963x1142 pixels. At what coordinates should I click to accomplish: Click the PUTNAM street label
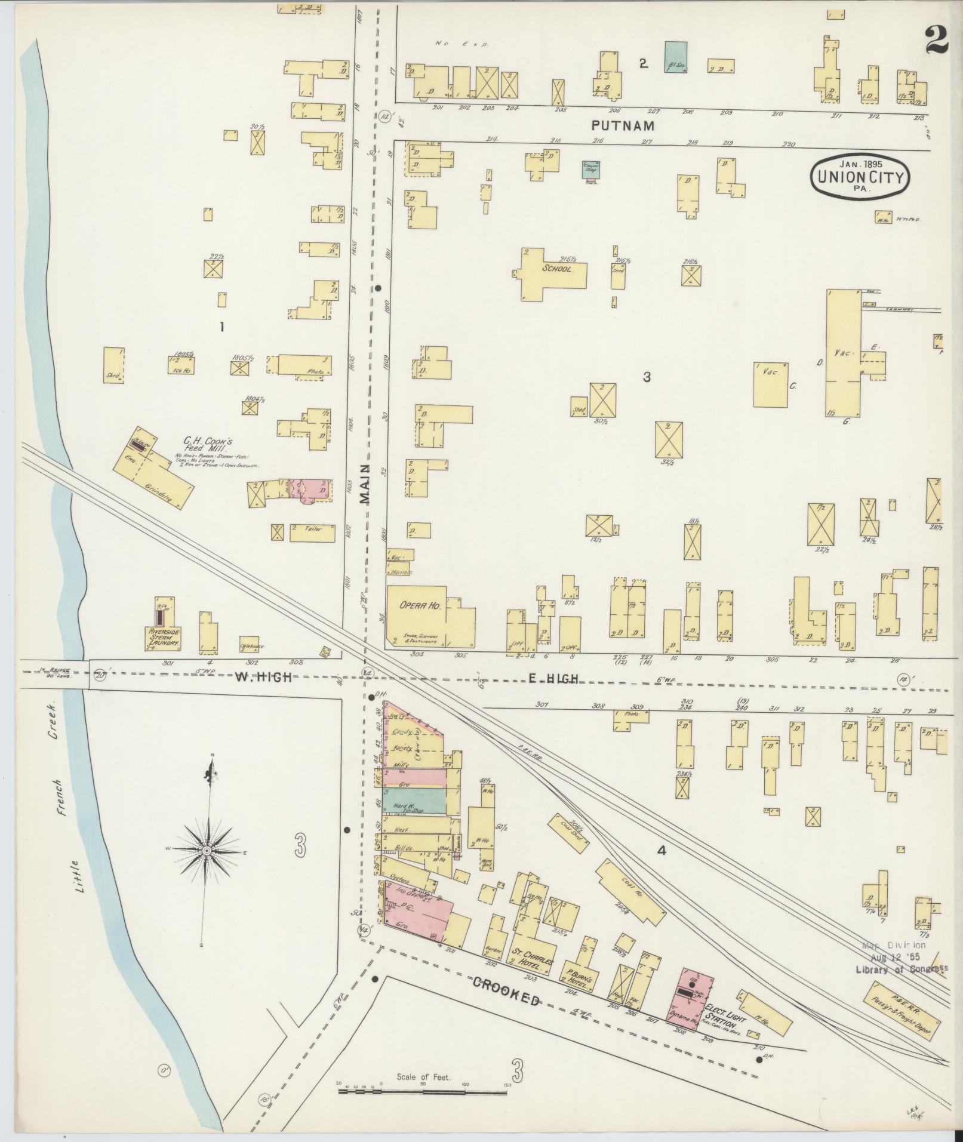623,126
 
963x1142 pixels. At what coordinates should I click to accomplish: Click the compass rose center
207,850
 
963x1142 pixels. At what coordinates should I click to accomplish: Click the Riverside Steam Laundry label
164,638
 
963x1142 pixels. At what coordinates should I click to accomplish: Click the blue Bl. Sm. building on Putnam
675,57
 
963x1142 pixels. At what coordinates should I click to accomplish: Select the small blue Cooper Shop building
591,168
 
